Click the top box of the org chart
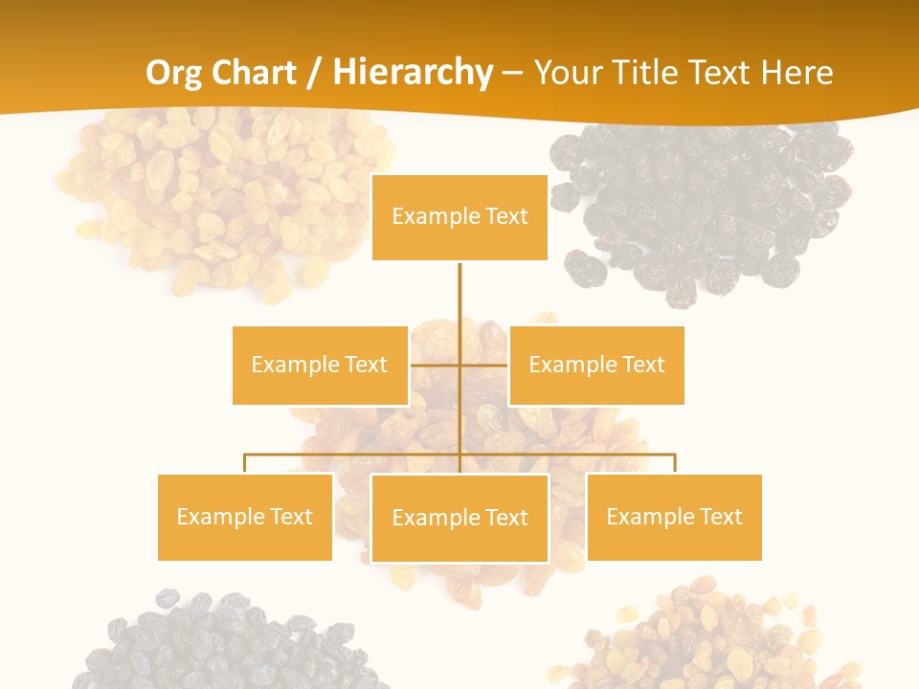tap(459, 217)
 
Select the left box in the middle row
tap(320, 365)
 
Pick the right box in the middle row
tap(596, 365)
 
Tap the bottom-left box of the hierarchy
tap(245, 517)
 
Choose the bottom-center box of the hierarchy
tap(459, 518)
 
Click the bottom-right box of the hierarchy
tap(674, 517)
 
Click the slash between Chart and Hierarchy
tap(314, 73)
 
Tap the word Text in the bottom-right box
tap(720, 517)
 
